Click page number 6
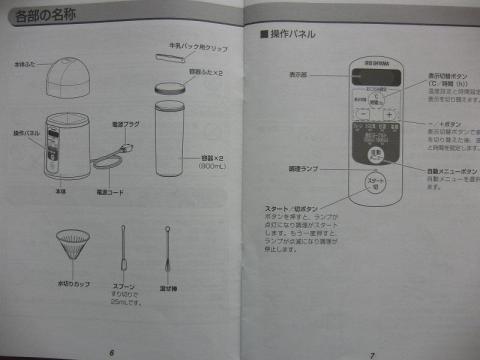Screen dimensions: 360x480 [112, 352]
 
